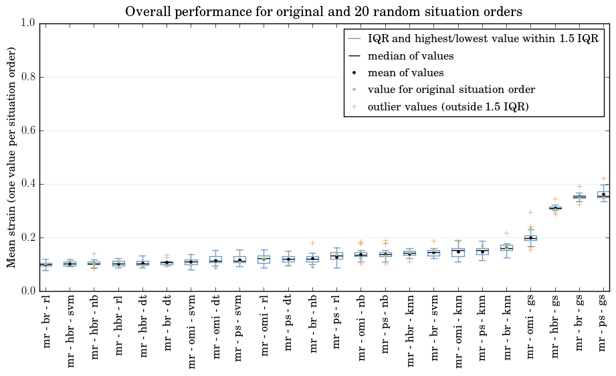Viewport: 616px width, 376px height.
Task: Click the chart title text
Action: (324, 12)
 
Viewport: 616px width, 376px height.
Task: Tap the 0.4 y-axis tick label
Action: (29, 184)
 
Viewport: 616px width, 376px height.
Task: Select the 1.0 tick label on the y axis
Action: (29, 23)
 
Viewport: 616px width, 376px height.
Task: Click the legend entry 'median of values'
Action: (411, 56)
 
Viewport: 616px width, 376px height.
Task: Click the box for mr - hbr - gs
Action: (555, 208)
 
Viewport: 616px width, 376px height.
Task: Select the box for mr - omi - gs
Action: (531, 238)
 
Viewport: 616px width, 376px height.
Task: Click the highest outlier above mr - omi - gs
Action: (531, 213)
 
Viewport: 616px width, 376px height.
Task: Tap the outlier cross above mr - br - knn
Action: (507, 233)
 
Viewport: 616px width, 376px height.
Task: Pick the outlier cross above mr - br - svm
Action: (433, 242)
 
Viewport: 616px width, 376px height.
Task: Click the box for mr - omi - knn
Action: (458, 252)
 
